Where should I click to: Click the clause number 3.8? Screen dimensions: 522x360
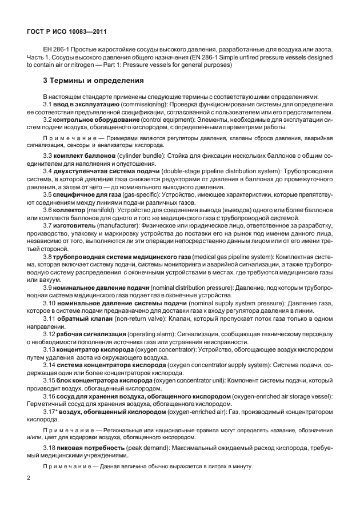click(49, 257)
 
